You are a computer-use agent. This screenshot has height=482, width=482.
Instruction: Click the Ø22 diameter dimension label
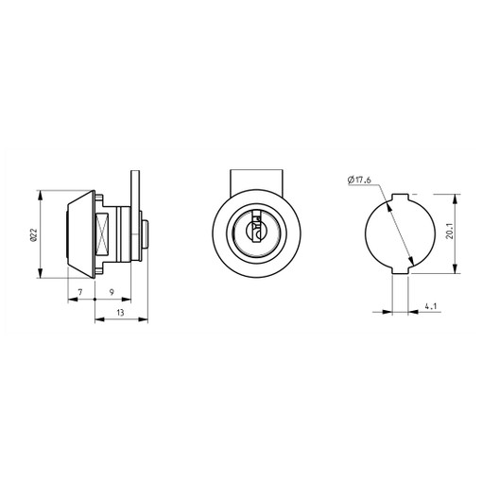tap(33, 234)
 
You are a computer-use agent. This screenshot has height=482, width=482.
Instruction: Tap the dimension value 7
tap(80, 292)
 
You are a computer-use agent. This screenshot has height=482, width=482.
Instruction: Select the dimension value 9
tap(112, 292)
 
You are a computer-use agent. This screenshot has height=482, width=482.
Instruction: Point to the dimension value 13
tap(120, 313)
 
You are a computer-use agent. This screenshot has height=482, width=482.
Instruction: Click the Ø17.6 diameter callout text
tap(359, 180)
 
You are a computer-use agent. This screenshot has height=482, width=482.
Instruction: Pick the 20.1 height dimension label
tap(450, 231)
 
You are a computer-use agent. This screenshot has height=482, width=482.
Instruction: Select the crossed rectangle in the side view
tap(102, 233)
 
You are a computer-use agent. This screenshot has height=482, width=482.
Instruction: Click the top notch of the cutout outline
tap(400, 197)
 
